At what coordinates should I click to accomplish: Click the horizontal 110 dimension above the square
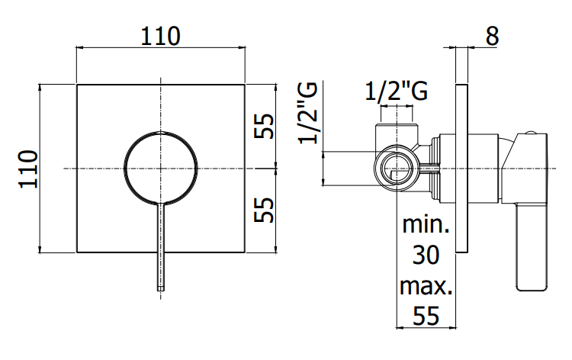(x=160, y=36)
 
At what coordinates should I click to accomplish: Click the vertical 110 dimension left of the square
(x=28, y=169)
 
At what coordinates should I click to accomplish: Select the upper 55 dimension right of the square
(x=264, y=126)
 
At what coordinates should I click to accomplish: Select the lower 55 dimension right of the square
(x=264, y=210)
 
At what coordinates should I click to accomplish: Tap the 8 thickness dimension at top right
(x=492, y=36)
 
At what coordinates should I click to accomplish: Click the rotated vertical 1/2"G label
(x=308, y=113)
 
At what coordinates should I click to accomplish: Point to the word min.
(x=426, y=225)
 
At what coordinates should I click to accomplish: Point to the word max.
(x=426, y=286)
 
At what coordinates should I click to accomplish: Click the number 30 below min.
(x=426, y=255)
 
